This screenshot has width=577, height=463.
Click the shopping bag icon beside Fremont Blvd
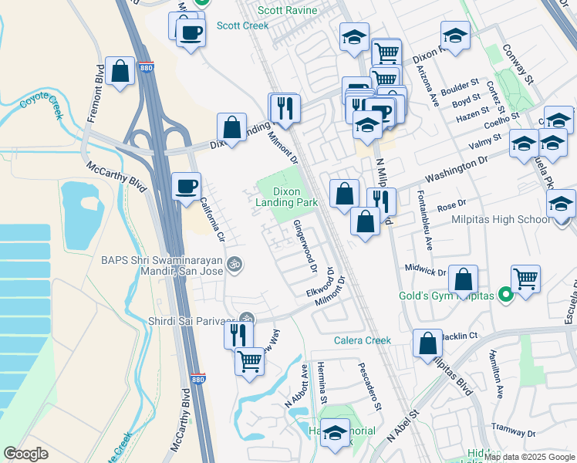click(x=121, y=72)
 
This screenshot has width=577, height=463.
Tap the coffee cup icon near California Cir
click(x=186, y=186)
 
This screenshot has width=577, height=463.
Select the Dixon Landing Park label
click(x=295, y=196)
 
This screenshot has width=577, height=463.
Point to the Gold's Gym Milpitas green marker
click(x=505, y=295)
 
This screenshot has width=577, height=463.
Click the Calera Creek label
click(x=363, y=340)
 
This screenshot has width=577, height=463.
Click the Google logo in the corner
click(x=26, y=454)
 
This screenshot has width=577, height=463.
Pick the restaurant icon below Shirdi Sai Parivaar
click(x=238, y=334)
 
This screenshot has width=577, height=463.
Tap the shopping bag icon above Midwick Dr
click(x=463, y=279)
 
